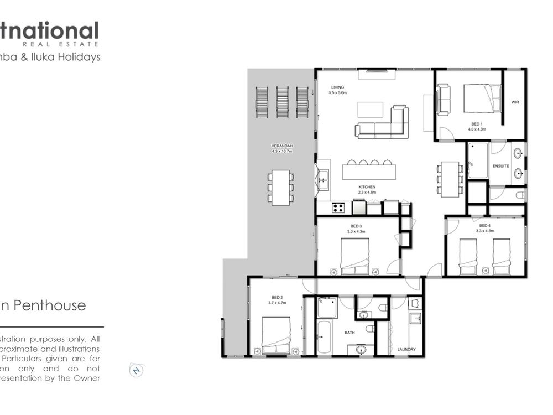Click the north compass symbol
137,370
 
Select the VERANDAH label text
281,146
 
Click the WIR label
515,102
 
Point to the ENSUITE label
501,165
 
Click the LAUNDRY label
406,350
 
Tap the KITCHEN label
367,187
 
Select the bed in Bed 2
276,334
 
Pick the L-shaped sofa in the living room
387,126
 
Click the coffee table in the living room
370,110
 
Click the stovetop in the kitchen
338,208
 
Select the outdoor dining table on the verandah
281,187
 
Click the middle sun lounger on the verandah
283,102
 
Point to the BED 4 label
484,226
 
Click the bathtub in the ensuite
477,160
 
